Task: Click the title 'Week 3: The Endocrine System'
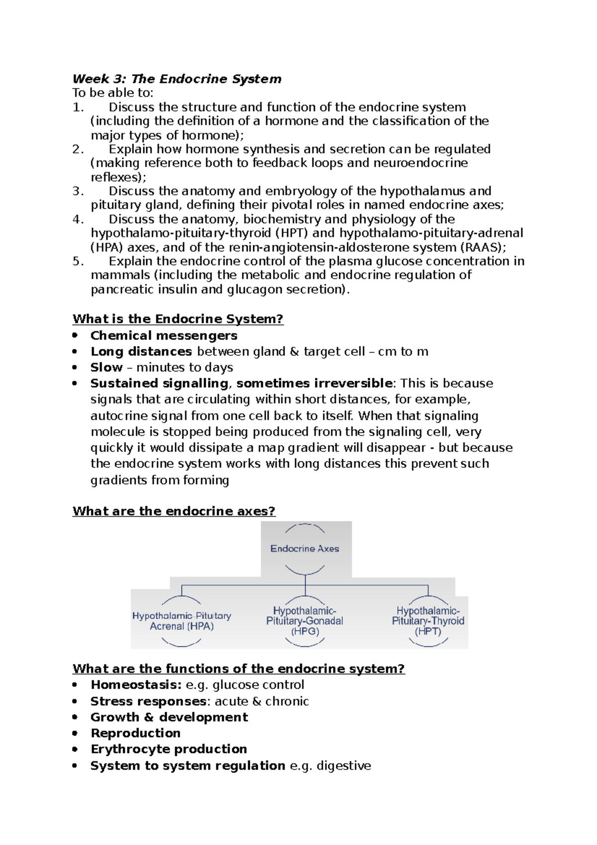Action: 177,79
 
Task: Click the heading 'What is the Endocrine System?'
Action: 178,318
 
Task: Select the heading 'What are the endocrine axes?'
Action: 174,511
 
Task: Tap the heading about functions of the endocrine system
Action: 238,668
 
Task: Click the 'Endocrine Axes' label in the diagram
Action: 304,548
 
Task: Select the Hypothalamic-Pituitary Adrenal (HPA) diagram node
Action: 182,621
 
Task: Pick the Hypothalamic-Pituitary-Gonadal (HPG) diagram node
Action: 304,621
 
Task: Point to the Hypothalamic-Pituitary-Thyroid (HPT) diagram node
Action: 428,621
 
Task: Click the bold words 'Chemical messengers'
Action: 164,335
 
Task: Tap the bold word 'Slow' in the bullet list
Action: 106,367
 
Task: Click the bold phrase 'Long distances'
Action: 141,351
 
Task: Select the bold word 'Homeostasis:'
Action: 136,685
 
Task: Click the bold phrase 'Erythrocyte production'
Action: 169,749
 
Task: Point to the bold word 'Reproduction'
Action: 135,733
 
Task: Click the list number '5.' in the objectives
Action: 78,261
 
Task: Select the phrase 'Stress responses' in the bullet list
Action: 148,701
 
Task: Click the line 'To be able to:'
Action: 113,93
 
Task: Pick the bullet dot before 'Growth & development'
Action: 75,717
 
